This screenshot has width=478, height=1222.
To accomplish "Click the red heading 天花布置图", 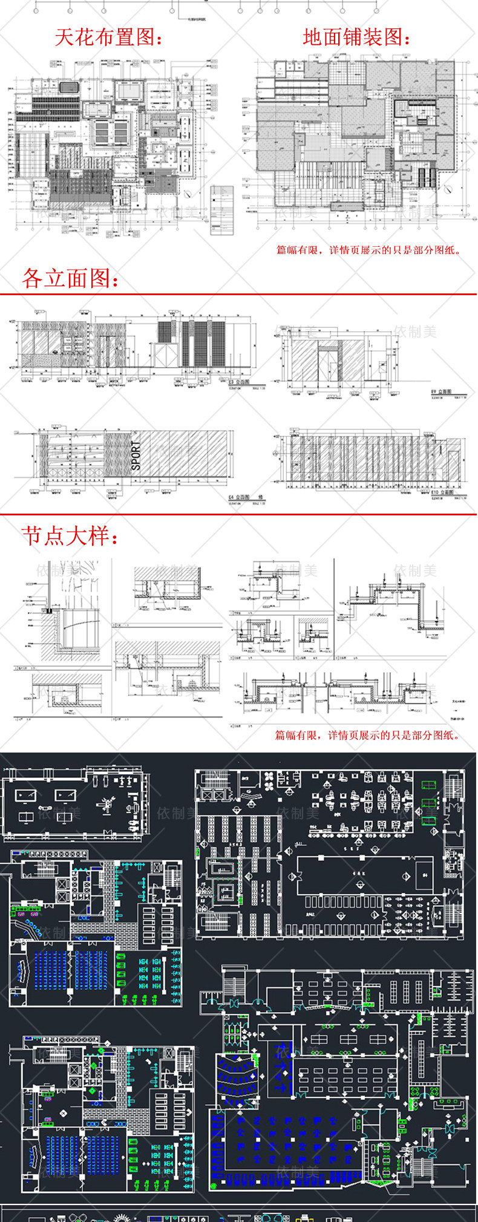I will pyautogui.click(x=109, y=38).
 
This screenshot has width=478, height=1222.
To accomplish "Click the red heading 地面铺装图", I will pyautogui.click(x=356, y=38).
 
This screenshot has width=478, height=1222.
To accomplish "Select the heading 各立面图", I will pyautogui.click(x=71, y=278).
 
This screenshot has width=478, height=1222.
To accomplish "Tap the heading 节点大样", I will pyautogui.click(x=70, y=536).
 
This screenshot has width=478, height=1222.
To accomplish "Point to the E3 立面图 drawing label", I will pyautogui.click(x=238, y=382).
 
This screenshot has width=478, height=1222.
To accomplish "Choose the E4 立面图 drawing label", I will pyautogui.click(x=239, y=497).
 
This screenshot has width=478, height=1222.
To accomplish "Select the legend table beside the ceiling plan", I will pyautogui.click(x=221, y=210).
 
